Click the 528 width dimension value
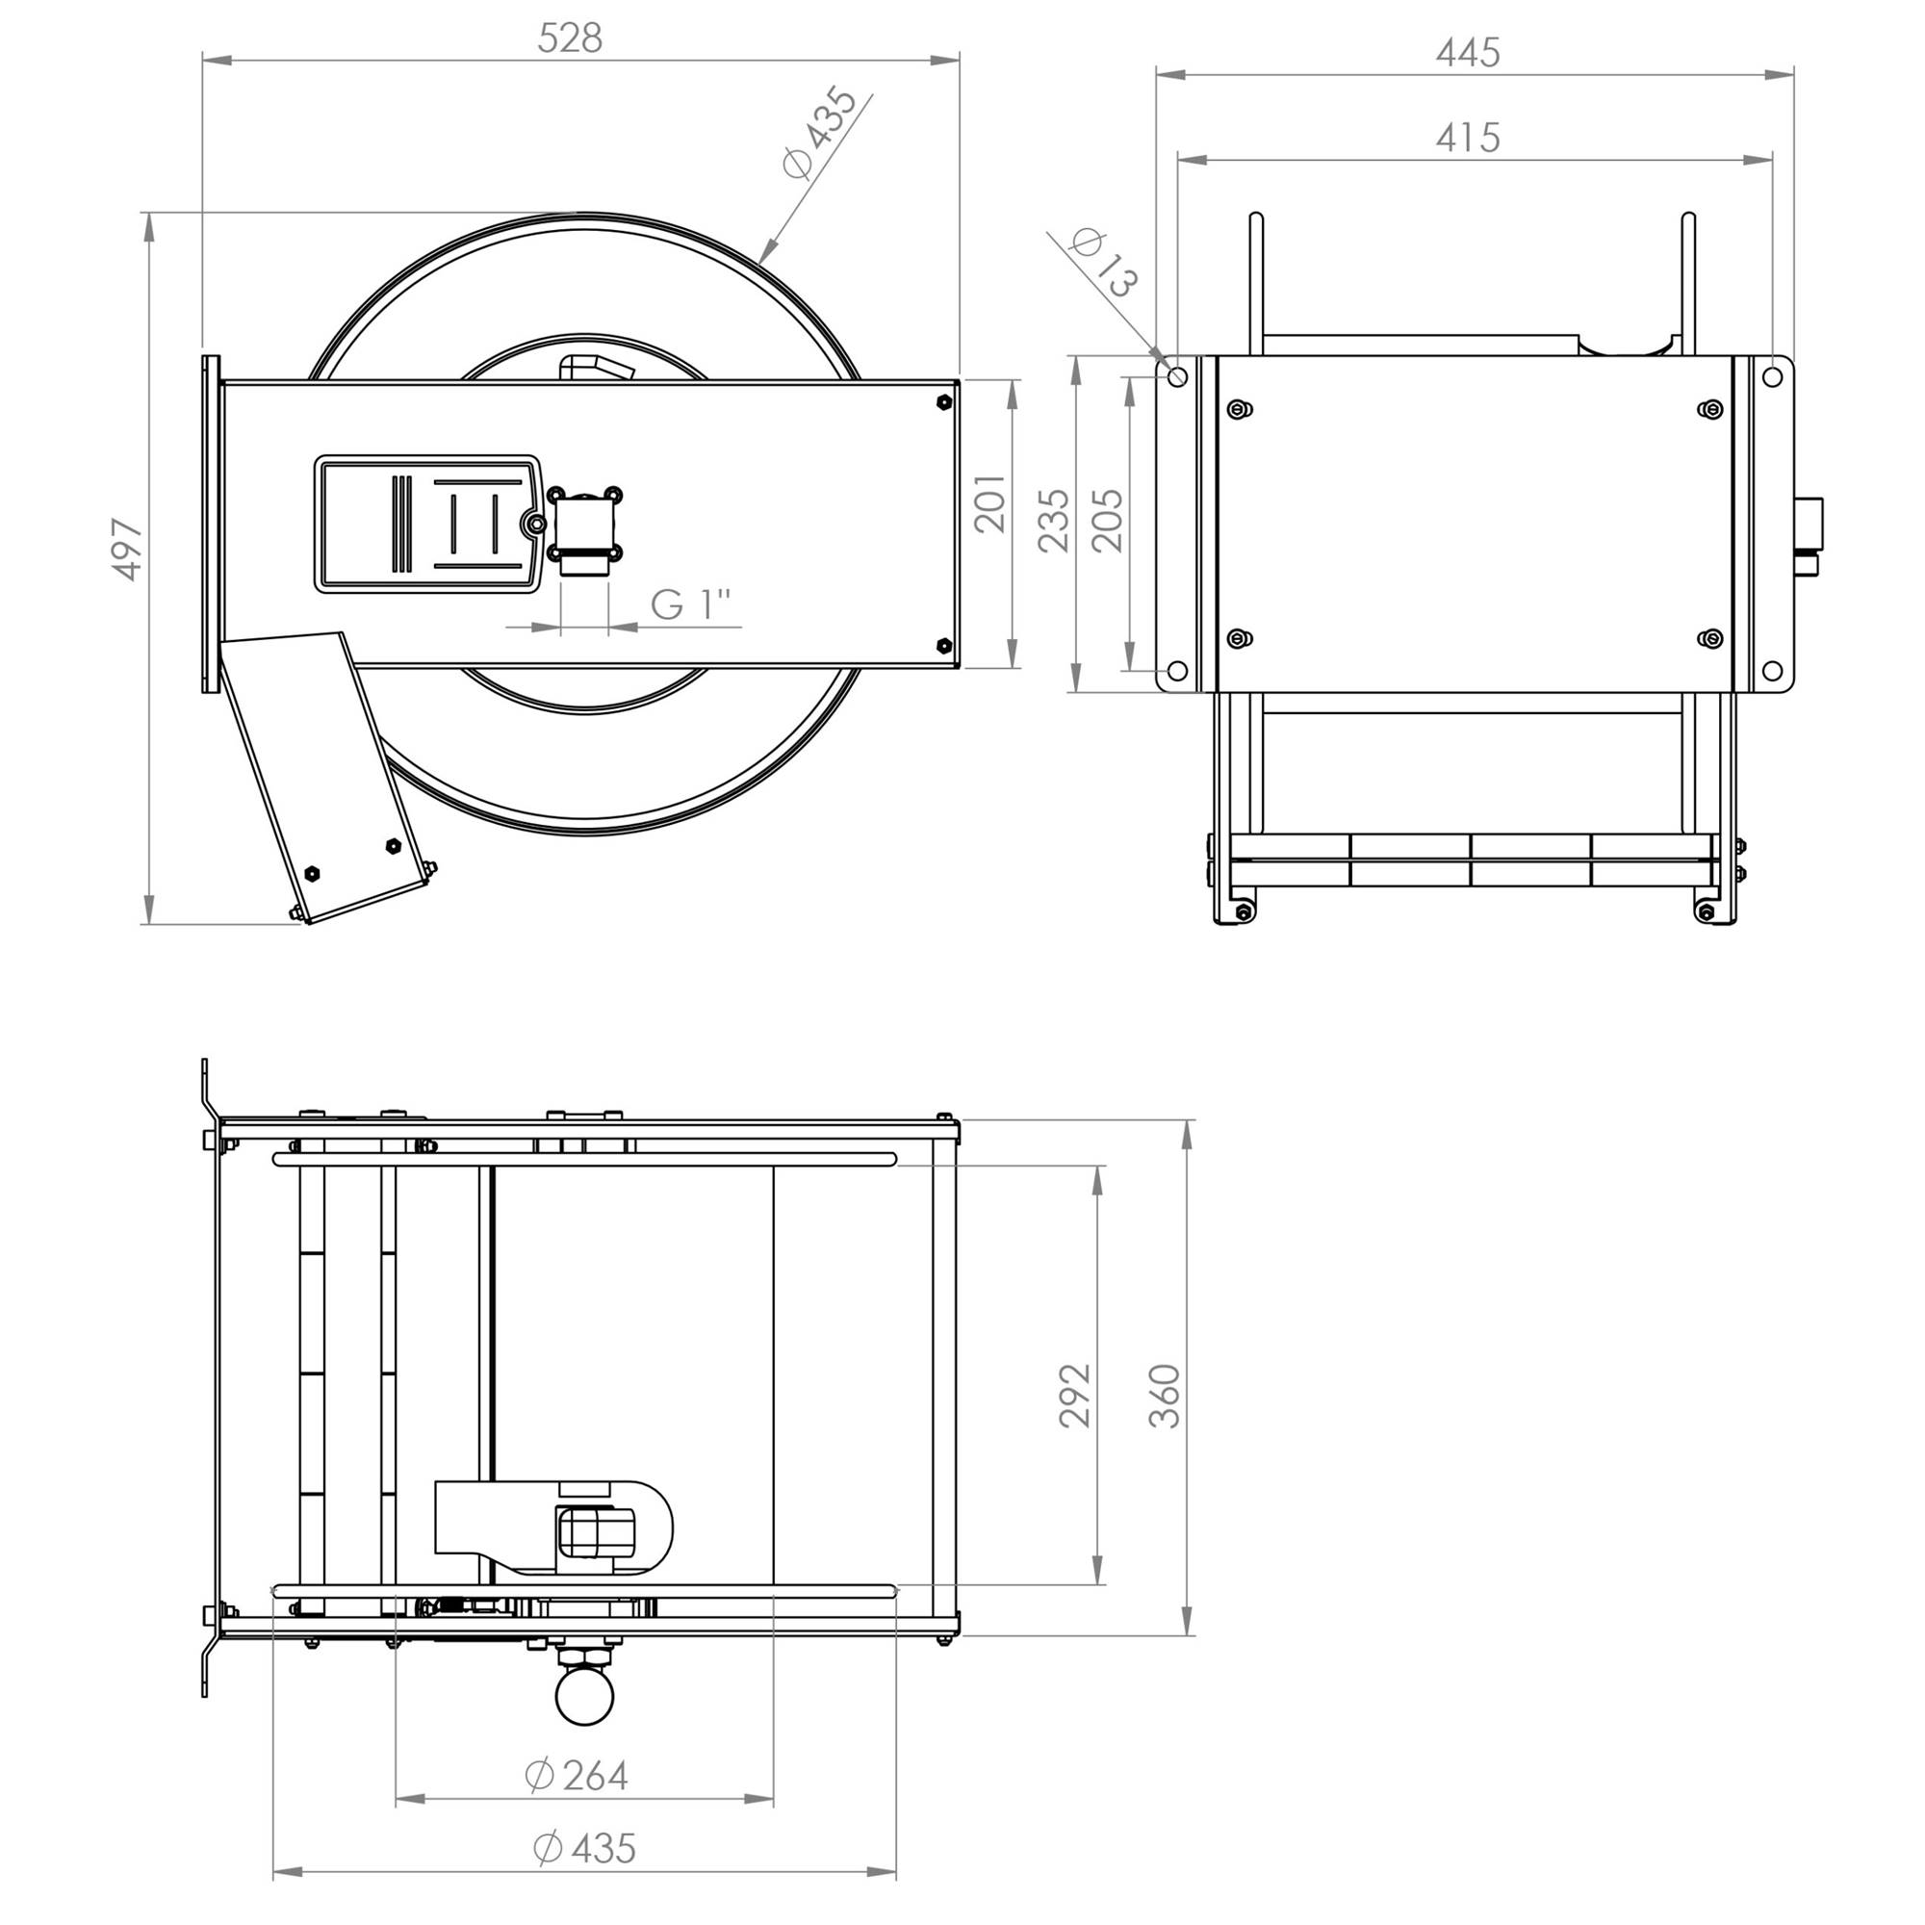[570, 38]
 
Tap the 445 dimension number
[1468, 52]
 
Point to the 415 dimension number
[1468, 138]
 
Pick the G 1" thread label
[690, 603]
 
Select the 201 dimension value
[990, 504]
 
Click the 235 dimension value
[1053, 519]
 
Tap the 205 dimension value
[1107, 519]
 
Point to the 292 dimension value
[1075, 1395]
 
